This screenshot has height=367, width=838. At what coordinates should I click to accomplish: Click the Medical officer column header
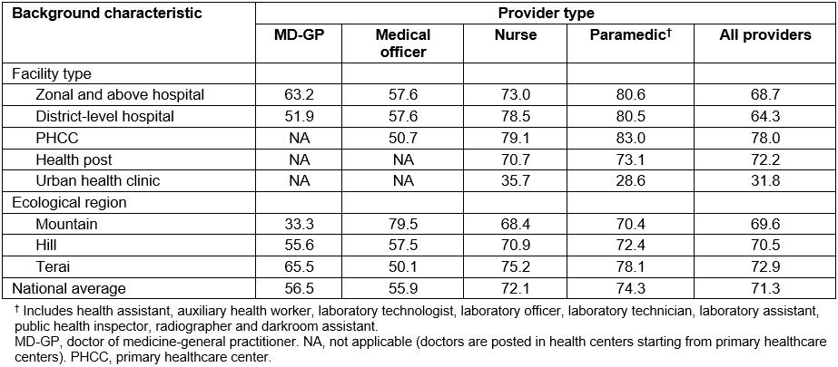point(402,43)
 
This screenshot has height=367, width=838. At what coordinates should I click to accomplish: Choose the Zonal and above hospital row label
point(120,94)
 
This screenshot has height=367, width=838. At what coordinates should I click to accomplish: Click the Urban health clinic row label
point(98,180)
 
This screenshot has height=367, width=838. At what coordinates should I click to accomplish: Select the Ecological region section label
point(69,202)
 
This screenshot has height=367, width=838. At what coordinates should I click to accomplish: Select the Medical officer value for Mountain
point(402,224)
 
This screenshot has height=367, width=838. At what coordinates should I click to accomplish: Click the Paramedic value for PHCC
point(628,138)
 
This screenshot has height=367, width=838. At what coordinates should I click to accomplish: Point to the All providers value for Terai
point(764,267)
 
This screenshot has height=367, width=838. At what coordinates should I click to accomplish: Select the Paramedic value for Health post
point(628,159)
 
